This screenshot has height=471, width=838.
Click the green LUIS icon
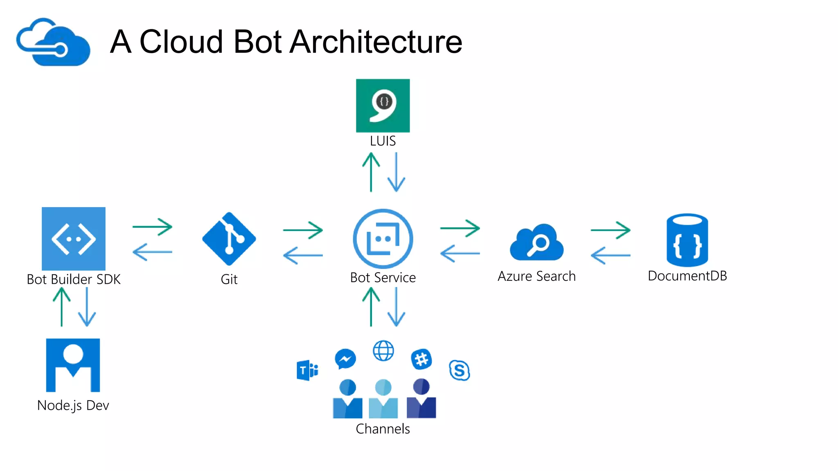tap(383, 105)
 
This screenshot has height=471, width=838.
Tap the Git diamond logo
tap(229, 239)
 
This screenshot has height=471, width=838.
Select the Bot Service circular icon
tap(383, 239)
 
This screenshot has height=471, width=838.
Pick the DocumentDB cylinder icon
tap(687, 240)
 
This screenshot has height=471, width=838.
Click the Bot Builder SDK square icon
tap(74, 239)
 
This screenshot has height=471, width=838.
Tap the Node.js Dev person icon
tap(73, 365)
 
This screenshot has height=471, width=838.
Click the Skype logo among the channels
tap(459, 370)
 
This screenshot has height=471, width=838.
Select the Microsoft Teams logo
tap(307, 370)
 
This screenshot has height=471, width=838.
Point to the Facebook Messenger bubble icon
tap(345, 359)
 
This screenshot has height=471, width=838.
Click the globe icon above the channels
tap(383, 351)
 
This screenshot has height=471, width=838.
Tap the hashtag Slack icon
tap(421, 359)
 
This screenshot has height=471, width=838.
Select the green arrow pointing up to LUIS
tap(371, 172)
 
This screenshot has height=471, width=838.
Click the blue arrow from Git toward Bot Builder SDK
tap(152, 252)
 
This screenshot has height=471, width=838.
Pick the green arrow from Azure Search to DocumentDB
tap(610, 230)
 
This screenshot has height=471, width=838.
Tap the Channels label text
tap(383, 429)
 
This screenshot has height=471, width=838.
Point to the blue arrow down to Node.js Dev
tap(87, 307)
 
